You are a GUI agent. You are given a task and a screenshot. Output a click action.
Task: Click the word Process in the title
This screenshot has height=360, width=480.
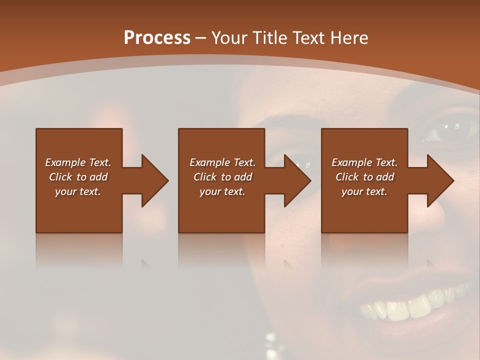click(156, 37)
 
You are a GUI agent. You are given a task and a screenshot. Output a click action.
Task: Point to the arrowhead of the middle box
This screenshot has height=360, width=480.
click(297, 180)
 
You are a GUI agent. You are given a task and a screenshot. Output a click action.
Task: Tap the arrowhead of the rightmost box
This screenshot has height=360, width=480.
click(440, 180)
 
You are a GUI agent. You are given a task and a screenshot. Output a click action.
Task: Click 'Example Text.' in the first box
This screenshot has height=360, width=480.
click(78, 162)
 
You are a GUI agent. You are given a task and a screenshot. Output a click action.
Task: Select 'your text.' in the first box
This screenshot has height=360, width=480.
click(78, 191)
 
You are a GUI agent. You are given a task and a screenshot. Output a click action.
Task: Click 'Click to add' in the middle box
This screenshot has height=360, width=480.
click(222, 177)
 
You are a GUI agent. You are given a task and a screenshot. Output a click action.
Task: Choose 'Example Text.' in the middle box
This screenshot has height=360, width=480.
click(222, 162)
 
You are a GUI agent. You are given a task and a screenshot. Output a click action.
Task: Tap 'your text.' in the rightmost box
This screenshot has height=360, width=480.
click(364, 191)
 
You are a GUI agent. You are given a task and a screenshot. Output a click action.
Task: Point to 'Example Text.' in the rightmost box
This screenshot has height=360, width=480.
click(364, 162)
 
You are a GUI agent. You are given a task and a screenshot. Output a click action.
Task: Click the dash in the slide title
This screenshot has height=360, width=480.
click(201, 38)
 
